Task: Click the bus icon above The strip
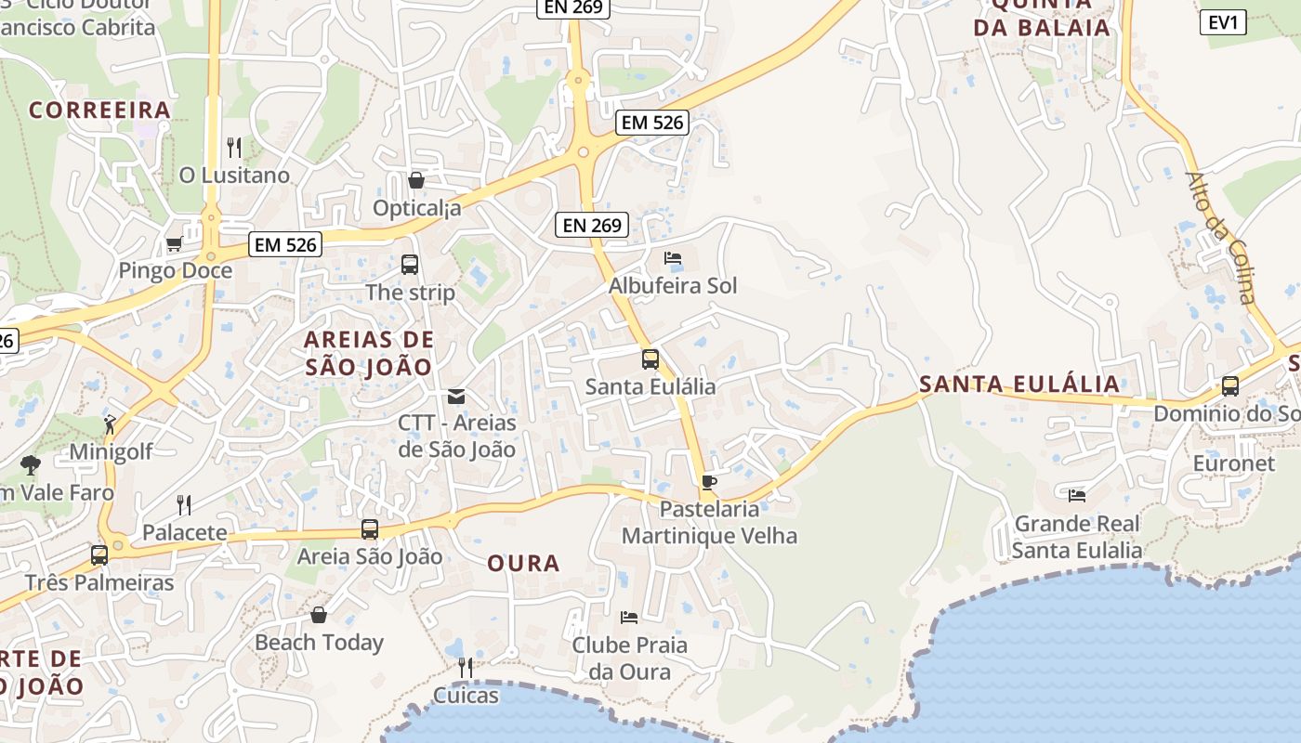410,265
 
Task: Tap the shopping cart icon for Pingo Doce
174,244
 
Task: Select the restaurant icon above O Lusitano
234,147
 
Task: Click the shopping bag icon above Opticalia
416,180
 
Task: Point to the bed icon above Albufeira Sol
673,258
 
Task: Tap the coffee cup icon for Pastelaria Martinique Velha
709,482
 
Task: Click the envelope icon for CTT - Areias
455,397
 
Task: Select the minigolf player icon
111,425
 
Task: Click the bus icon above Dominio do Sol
1230,386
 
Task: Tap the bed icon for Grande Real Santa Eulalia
1077,496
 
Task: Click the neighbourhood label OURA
523,564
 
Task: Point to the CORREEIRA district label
99,111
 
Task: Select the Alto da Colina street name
1220,238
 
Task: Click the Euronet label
1233,463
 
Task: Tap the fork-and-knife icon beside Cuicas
466,667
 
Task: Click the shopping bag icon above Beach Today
319,615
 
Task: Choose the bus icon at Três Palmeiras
99,555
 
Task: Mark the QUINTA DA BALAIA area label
1042,16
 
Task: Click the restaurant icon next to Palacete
184,505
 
